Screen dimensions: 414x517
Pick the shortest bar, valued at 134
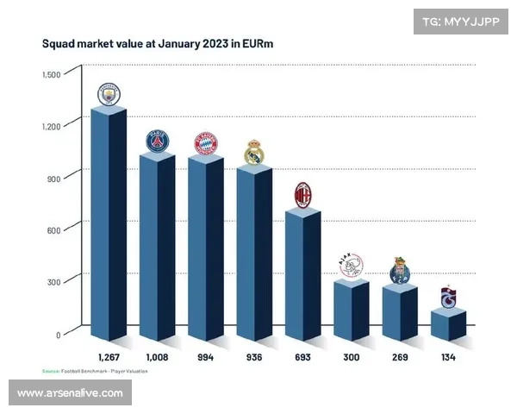448,326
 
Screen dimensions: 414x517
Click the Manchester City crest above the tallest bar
109,94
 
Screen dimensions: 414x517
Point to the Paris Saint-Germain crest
157,141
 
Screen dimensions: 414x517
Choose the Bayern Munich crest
205,143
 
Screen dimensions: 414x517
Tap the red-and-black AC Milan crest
302,194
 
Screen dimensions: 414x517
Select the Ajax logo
351,265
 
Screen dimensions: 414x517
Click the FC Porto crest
399,271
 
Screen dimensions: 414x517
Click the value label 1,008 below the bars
157,356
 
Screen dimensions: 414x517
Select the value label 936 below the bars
253,356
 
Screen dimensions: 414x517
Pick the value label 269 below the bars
399,356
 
